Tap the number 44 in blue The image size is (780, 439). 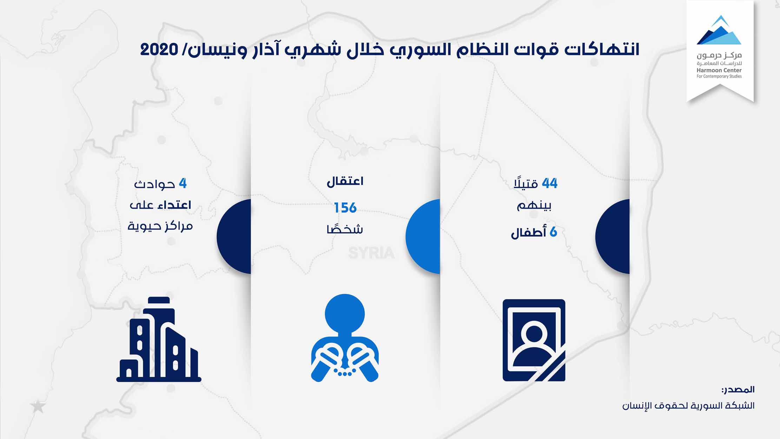click(x=550, y=183)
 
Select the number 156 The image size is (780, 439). click(x=345, y=208)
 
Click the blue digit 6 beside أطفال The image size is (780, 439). click(x=553, y=232)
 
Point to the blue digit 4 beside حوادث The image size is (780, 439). click(x=183, y=183)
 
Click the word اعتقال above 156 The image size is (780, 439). click(x=345, y=182)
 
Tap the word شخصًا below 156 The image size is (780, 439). click(x=345, y=229)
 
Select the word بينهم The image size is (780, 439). click(x=534, y=206)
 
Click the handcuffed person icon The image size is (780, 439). click(x=345, y=338)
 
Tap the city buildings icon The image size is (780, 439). click(x=159, y=339)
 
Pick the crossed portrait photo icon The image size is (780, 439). click(x=534, y=340)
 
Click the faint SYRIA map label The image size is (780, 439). click(x=371, y=253)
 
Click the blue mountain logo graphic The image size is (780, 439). click(x=719, y=30)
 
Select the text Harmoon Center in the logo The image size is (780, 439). click(x=719, y=70)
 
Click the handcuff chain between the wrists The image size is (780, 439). click(x=345, y=373)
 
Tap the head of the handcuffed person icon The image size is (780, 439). click(x=345, y=314)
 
